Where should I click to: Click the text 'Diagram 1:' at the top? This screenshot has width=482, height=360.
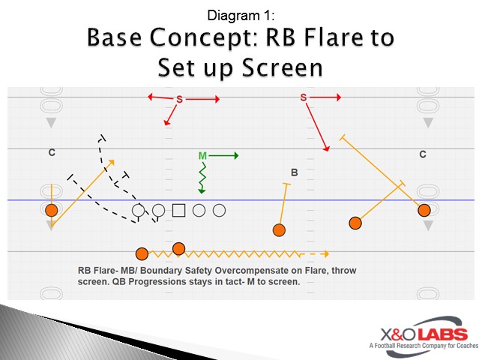[x=240, y=14]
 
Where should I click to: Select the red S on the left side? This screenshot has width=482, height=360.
[x=179, y=99]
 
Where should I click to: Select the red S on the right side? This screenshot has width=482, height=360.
[x=304, y=97]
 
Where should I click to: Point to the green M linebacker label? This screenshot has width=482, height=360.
[x=202, y=156]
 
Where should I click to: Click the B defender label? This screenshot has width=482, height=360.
[x=295, y=172]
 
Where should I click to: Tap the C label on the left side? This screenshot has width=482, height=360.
[x=52, y=153]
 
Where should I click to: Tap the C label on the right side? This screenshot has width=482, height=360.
[x=423, y=154]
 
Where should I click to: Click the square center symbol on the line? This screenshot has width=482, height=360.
[x=178, y=211]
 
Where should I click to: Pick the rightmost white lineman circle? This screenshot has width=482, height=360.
[x=219, y=211]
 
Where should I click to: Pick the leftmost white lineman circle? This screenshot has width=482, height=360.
[x=138, y=211]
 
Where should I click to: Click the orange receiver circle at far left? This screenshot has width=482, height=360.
[x=51, y=210]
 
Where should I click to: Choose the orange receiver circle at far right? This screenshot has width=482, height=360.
[x=424, y=210]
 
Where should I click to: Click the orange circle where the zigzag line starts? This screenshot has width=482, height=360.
[x=142, y=253]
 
